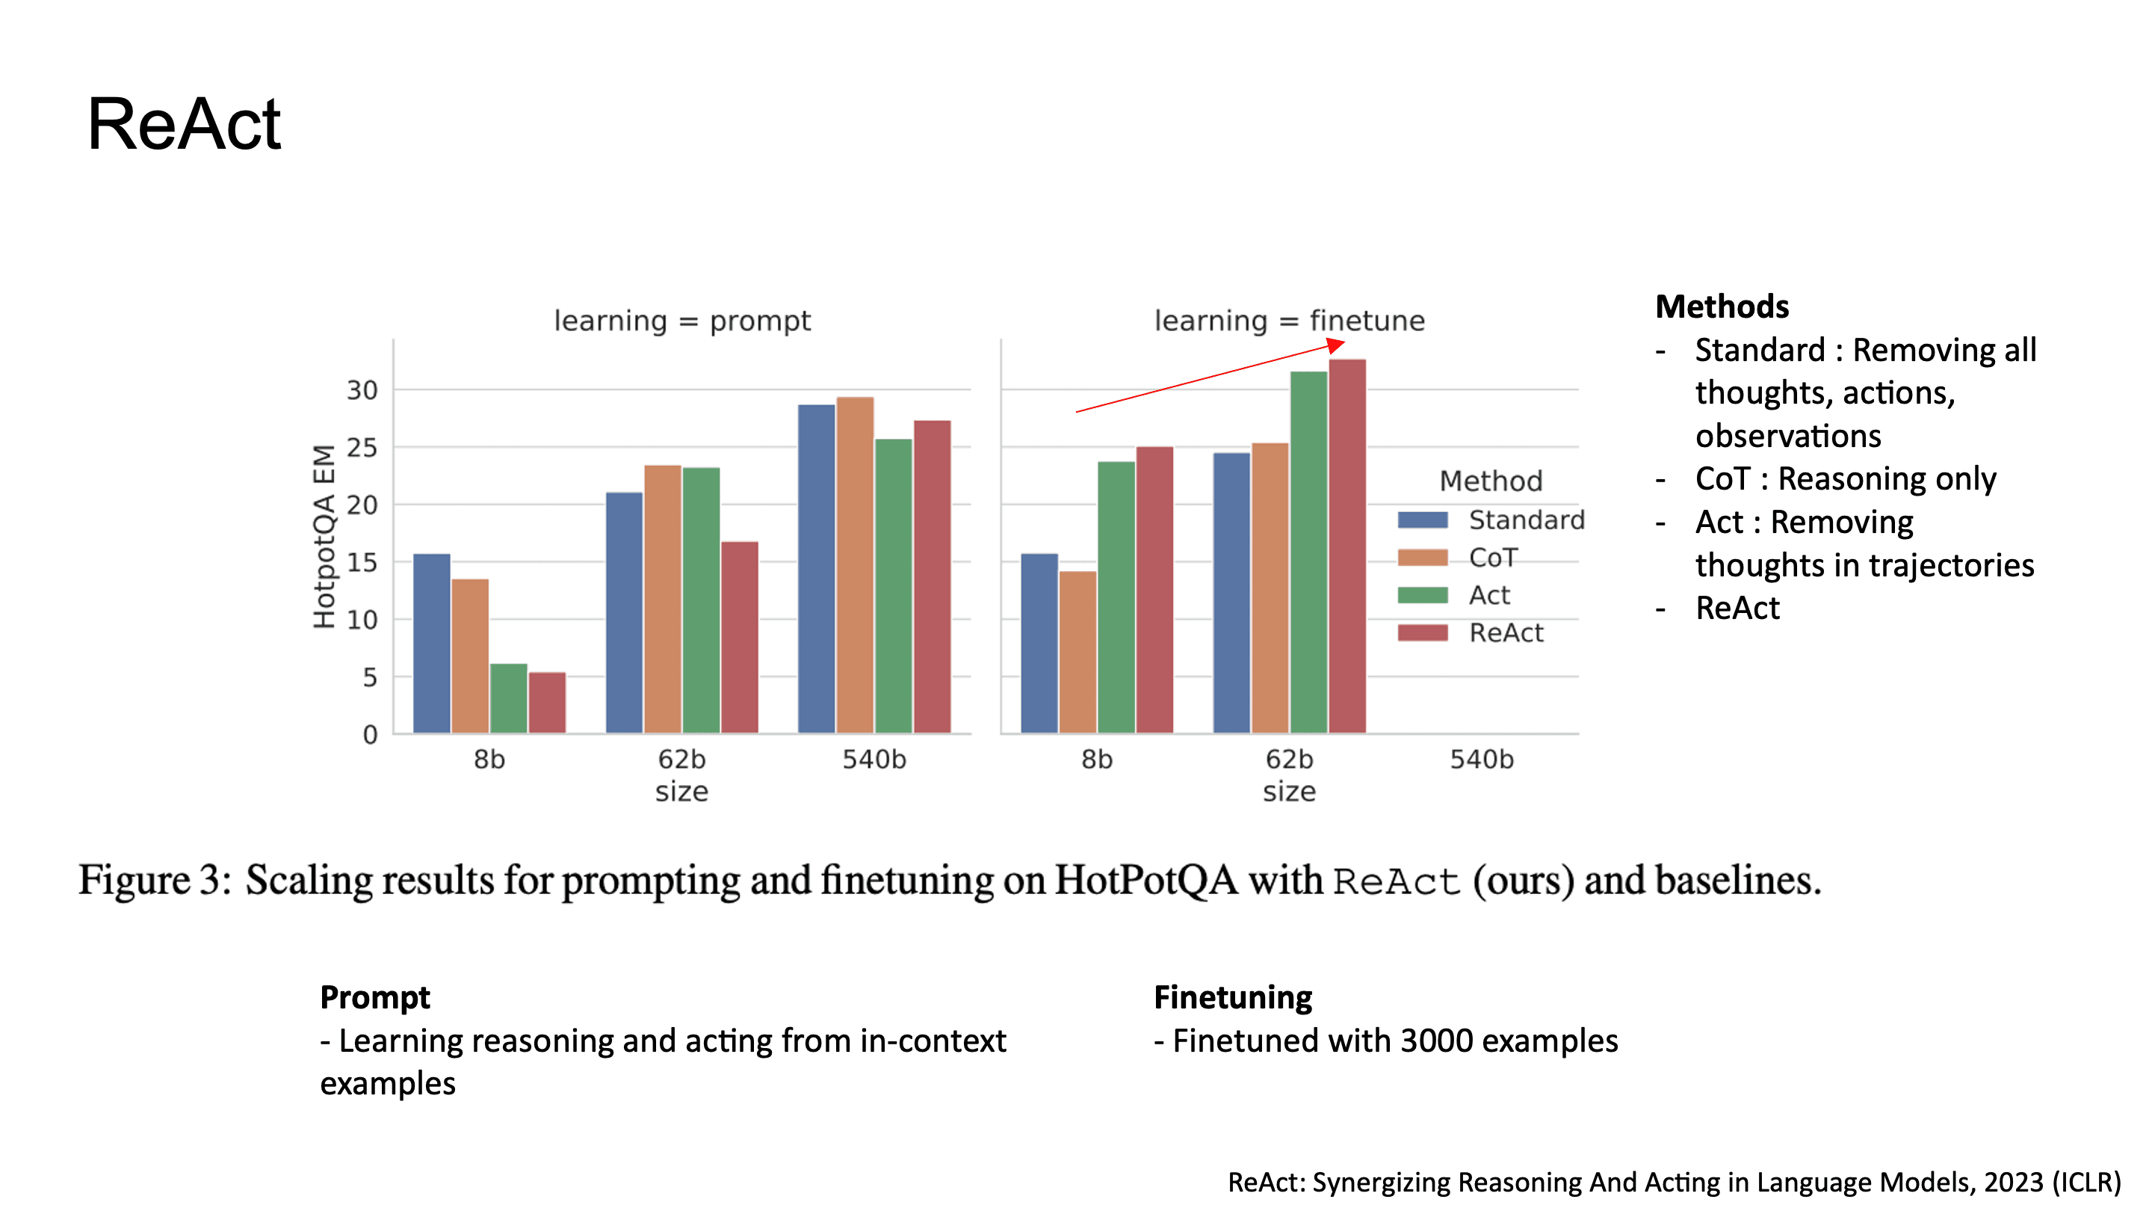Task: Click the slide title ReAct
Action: coord(184,125)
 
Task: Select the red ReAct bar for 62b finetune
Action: coord(1346,547)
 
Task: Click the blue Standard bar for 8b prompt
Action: coord(431,644)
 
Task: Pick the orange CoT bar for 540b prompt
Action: coord(855,566)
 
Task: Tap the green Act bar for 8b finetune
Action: coord(1116,597)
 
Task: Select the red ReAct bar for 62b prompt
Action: coord(739,638)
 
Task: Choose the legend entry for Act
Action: coord(1488,595)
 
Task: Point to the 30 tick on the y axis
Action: coord(362,390)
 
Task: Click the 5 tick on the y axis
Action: coord(369,678)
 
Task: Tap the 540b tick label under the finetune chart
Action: coord(1480,759)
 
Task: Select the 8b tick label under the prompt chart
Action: coord(489,759)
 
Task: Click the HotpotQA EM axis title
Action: coord(324,536)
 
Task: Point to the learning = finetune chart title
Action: coord(1289,321)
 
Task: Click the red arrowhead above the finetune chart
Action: coord(1336,345)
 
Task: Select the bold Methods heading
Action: coord(1722,306)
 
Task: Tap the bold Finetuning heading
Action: coord(1232,997)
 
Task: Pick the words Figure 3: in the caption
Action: coord(155,880)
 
